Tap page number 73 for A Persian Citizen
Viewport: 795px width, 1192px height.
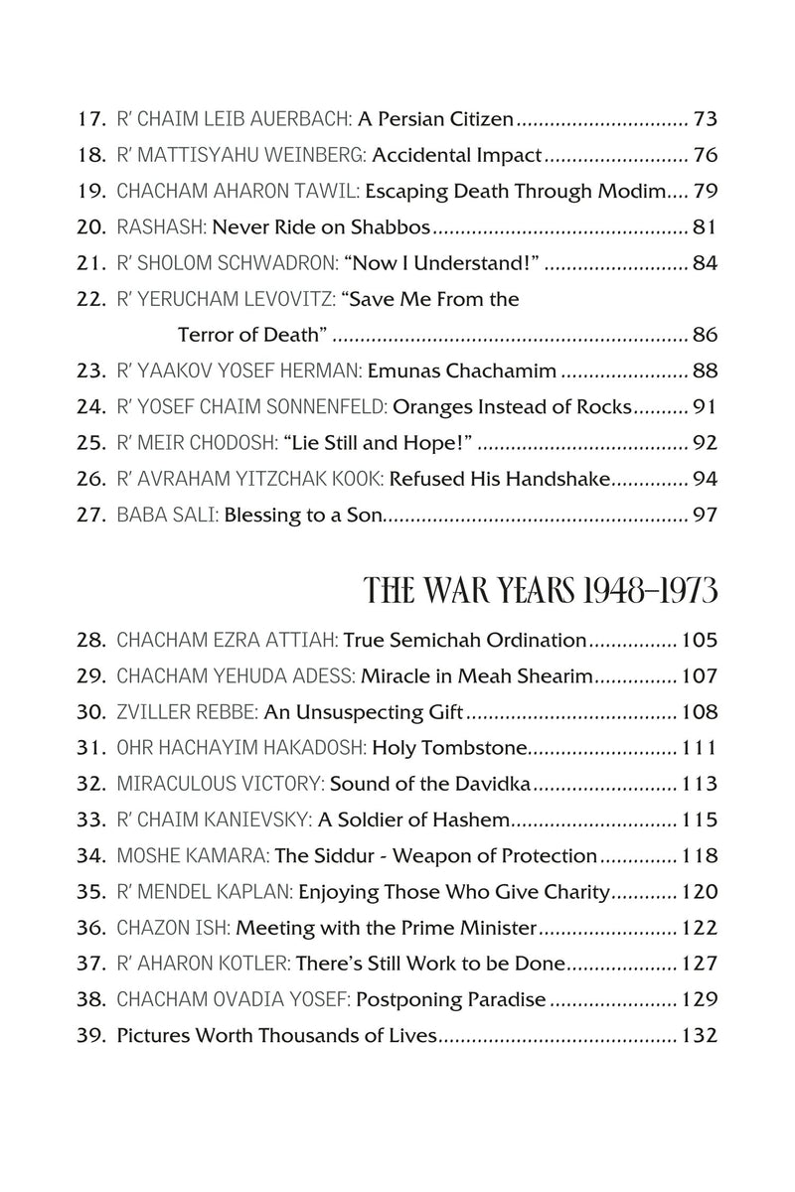[705, 120]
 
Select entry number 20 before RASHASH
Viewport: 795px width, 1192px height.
[90, 228]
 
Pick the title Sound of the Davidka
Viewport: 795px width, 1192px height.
[431, 784]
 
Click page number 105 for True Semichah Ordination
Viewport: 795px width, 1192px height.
[699, 641]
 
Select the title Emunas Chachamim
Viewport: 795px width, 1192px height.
[461, 372]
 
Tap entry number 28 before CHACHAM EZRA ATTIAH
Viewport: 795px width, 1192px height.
[90, 641]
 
